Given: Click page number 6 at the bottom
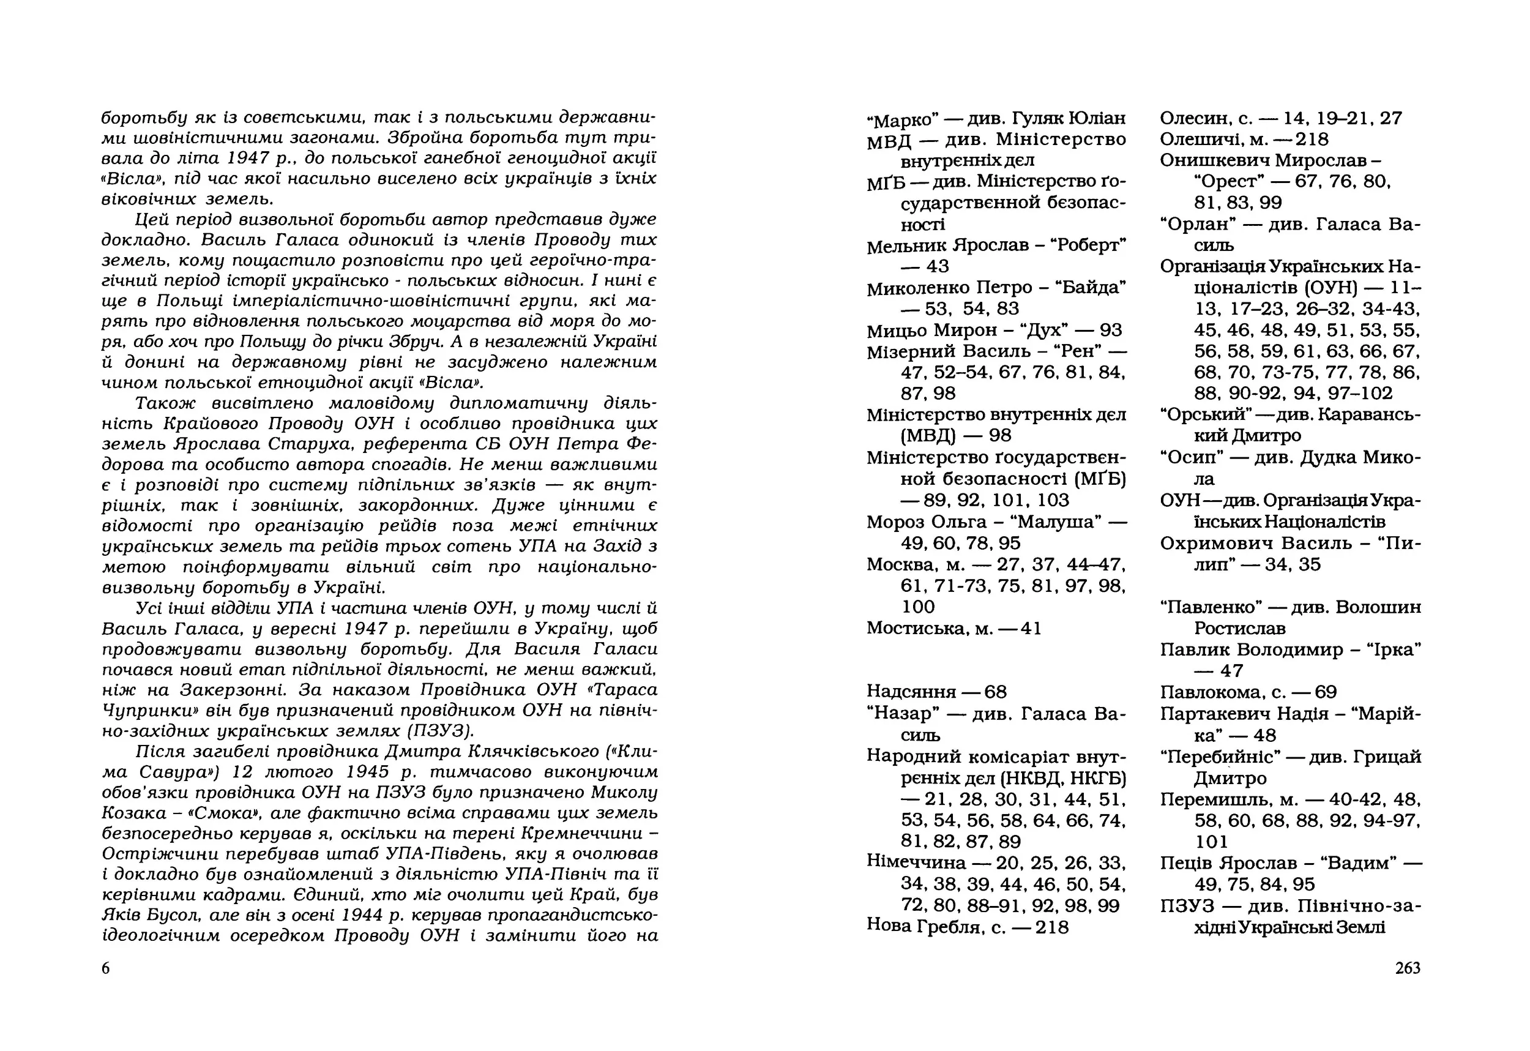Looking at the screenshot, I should tap(105, 968).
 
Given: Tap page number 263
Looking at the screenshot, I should tap(1408, 968).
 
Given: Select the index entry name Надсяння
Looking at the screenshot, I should tap(911, 692).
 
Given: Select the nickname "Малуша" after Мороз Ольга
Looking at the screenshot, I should tap(1059, 522).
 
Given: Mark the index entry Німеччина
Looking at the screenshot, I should tap(916, 862).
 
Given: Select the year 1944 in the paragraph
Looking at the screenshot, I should tap(364, 915).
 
